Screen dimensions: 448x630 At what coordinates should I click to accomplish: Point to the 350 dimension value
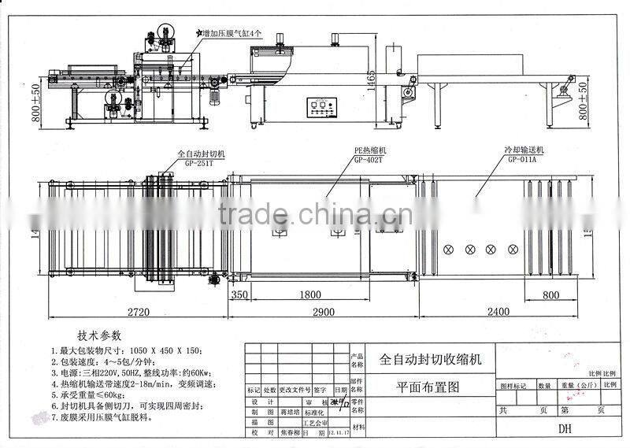point(240,296)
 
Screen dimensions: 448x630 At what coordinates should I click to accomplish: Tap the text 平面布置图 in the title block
point(425,387)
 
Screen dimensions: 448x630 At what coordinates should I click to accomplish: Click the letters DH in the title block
point(565,430)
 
